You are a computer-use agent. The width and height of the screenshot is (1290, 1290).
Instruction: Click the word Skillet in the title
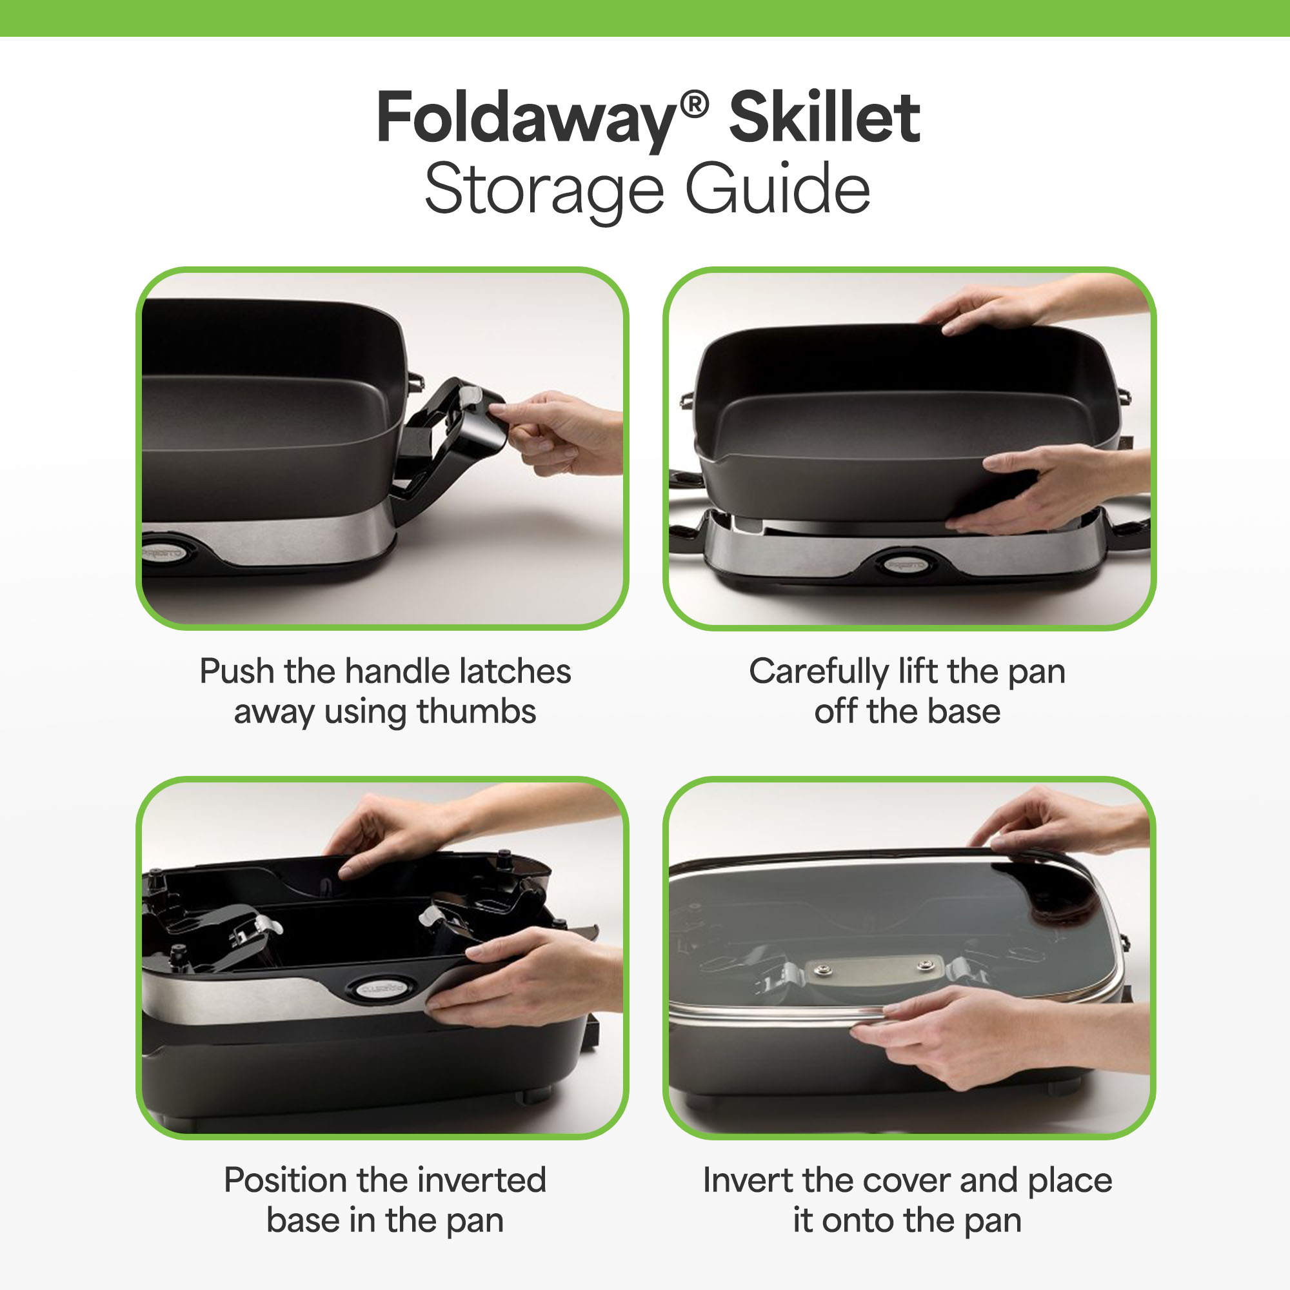point(824,117)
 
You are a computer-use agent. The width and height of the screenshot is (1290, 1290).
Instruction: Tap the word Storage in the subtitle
point(544,190)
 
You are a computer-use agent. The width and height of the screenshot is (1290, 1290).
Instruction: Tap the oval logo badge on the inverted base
point(378,987)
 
